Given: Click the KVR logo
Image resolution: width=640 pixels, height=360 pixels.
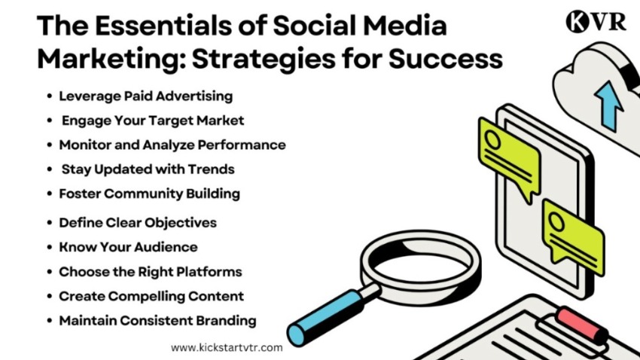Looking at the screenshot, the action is (596, 22).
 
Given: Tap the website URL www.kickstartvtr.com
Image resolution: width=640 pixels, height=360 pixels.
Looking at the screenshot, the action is (227, 348).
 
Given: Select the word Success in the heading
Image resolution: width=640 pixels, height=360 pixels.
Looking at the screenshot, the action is (446, 59).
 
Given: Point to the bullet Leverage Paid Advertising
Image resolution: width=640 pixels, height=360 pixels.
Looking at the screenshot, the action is (146, 96).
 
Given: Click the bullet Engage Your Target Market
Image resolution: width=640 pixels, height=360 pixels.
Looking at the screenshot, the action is (153, 121).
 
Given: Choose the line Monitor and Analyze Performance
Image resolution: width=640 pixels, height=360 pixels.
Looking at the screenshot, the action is (172, 145).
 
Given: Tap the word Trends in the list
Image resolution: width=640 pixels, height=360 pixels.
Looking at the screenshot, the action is (211, 169).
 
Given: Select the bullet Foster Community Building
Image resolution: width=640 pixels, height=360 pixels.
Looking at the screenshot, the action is (149, 194).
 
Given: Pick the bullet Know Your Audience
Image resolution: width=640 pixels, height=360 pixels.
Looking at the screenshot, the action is (128, 247).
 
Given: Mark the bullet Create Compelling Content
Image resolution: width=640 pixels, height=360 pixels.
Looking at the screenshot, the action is (151, 296).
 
